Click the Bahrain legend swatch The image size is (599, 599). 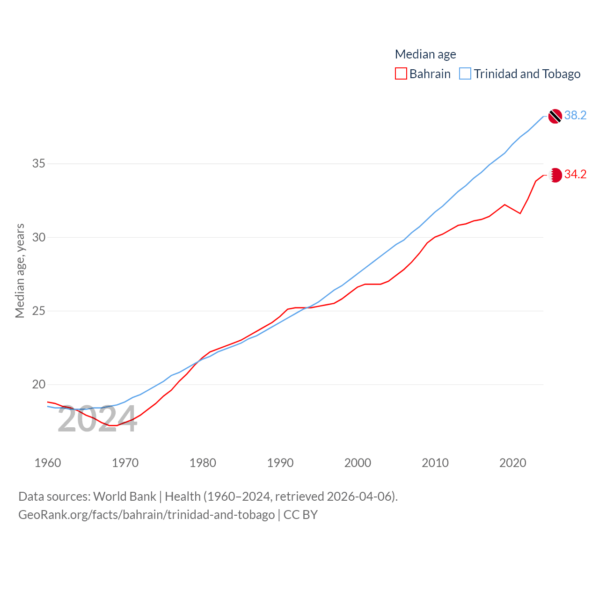click(401, 74)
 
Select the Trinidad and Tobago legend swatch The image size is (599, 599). click(465, 74)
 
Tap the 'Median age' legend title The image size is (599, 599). click(425, 54)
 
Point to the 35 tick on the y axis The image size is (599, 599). click(39, 164)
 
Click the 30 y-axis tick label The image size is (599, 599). click(39, 237)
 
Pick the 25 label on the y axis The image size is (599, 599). click(39, 311)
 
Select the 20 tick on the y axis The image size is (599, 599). click(39, 384)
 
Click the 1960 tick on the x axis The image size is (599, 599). click(48, 463)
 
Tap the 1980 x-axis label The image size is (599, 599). click(203, 463)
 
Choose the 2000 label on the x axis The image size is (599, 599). click(358, 463)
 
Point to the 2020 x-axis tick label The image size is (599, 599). click(512, 463)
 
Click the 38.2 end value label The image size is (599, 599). click(575, 115)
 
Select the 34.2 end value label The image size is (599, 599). click(575, 174)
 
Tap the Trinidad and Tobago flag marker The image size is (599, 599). click(555, 116)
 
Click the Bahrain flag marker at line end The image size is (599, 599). click(555, 175)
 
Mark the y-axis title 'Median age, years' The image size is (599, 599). click(20, 271)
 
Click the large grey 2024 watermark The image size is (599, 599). click(97, 419)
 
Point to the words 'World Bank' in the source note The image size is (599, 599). click(124, 496)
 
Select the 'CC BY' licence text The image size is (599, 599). click(300, 515)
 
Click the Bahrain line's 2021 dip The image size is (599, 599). click(520, 213)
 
